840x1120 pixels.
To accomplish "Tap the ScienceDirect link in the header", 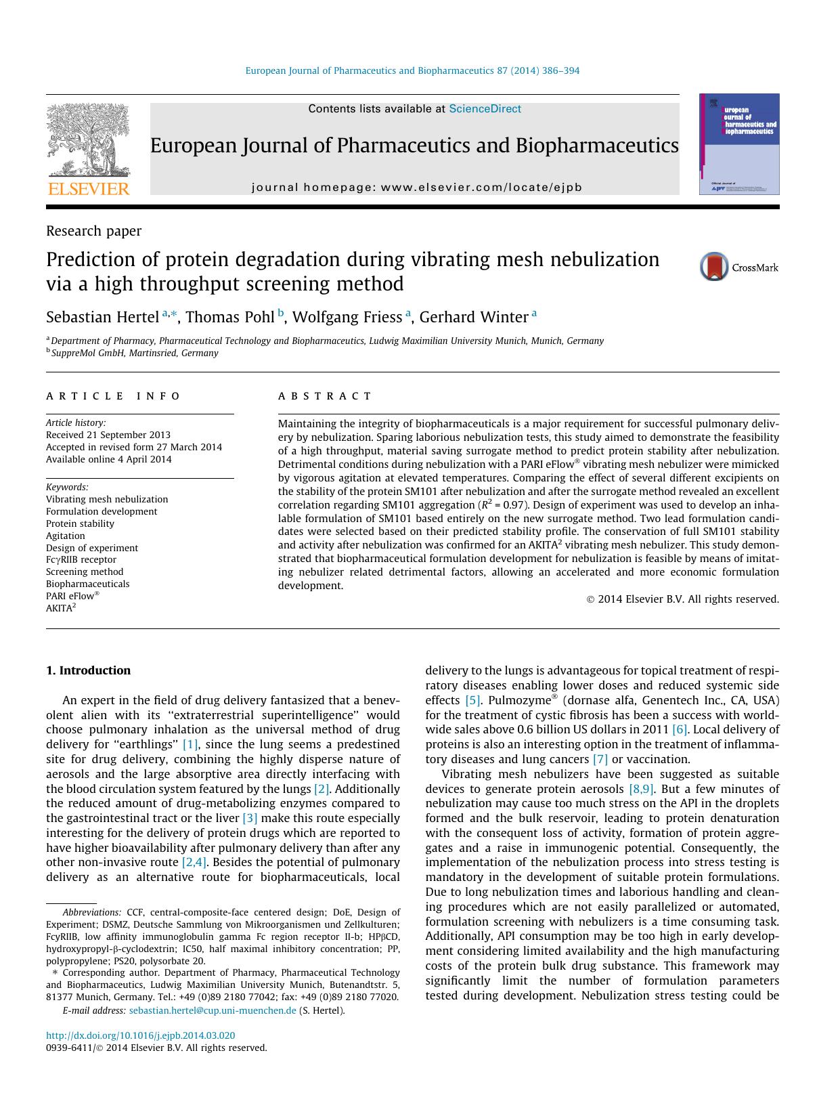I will tap(485, 108).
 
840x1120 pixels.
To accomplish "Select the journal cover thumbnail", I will tap(738, 144).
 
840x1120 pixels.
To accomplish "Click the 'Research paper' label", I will tap(93, 231).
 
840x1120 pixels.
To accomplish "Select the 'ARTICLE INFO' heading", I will tap(113, 396).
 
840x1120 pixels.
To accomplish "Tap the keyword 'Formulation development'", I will tap(101, 511).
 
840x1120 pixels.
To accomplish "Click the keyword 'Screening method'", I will tap(85, 572).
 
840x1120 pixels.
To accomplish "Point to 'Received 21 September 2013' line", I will tap(108, 435).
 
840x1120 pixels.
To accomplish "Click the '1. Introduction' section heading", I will tap(88, 670).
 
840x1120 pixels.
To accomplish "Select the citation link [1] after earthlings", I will tap(190, 744).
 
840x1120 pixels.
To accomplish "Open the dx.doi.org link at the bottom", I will tap(140, 1035).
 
